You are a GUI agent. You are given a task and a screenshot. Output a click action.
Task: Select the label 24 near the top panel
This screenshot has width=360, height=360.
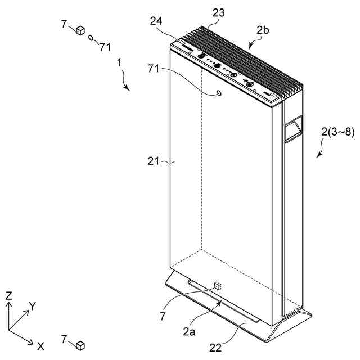(157, 21)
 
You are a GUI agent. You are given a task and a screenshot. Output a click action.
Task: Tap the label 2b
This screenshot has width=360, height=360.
(263, 31)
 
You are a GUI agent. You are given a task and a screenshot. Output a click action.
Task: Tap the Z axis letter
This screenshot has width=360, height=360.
(8, 295)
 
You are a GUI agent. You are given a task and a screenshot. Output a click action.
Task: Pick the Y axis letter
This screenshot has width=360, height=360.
(33, 306)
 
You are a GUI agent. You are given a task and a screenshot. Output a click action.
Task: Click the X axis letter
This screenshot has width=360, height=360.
(40, 346)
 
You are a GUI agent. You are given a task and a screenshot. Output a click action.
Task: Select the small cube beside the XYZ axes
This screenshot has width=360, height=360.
(80, 344)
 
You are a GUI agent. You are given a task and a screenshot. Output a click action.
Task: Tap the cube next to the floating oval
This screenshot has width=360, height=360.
(80, 30)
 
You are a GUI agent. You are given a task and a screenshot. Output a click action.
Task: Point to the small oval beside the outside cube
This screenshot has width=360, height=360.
(91, 38)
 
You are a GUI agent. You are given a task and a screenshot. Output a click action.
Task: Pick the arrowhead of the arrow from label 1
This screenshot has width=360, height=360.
(129, 89)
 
